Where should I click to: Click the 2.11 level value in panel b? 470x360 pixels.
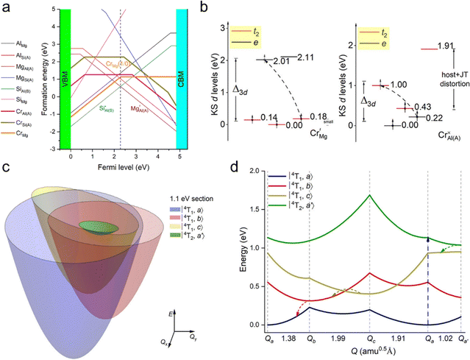[307, 57]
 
